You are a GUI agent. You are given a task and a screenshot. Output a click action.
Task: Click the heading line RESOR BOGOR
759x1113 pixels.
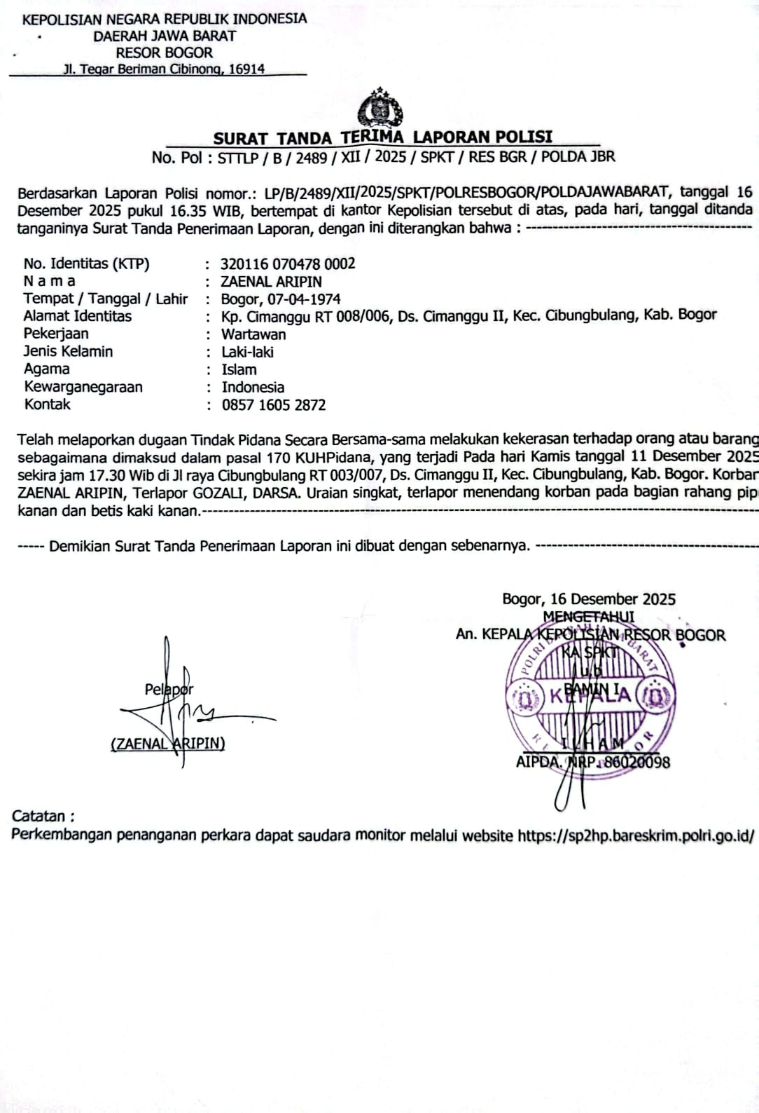164,53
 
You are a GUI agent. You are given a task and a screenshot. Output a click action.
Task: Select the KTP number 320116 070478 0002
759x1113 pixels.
288,264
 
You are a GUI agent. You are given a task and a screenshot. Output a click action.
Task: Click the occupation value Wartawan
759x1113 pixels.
253,334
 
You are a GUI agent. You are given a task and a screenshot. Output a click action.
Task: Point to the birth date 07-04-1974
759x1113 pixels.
303,299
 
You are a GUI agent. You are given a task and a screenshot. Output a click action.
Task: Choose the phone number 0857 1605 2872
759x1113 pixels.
274,405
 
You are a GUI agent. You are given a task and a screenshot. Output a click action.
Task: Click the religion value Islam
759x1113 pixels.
239,369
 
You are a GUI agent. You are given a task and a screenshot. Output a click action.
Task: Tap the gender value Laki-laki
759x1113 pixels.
247,352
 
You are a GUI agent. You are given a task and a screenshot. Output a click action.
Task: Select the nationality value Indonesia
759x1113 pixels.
253,388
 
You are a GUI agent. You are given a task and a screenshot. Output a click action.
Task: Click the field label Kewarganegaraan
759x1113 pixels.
83,387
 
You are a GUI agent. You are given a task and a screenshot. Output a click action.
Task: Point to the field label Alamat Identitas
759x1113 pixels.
77,316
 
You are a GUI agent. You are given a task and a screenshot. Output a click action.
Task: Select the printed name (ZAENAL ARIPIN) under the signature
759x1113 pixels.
167,744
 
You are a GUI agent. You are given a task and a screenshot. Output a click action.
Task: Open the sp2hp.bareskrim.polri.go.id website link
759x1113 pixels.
635,835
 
